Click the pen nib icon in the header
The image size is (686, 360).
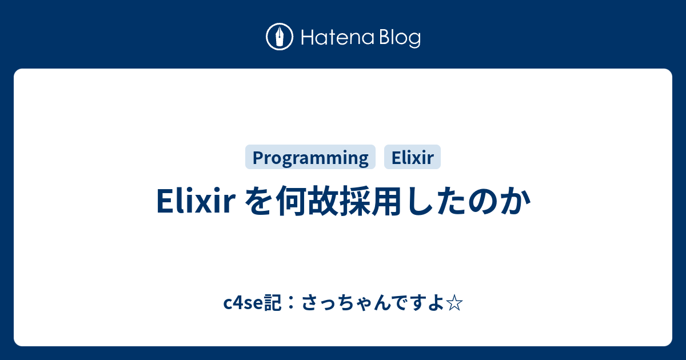280,37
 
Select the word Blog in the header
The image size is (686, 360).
399,38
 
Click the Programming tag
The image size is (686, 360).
310,157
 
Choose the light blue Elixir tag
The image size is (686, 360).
412,157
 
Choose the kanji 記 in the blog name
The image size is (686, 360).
272,303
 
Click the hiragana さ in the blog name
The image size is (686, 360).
309,303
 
